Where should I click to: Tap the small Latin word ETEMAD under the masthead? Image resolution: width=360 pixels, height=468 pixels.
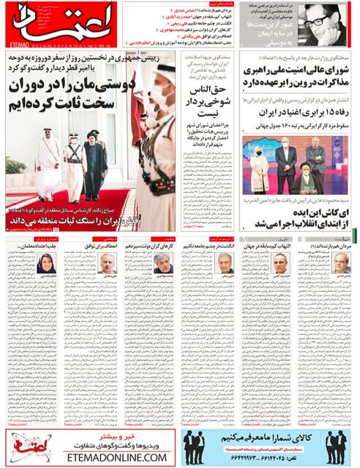tap(16, 44)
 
